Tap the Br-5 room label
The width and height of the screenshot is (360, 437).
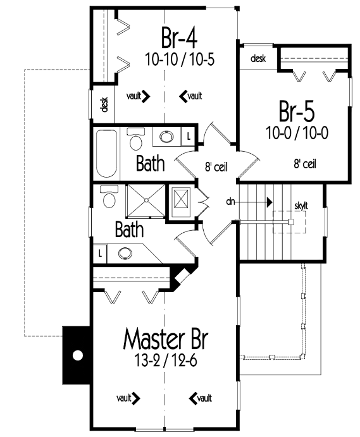tap(297, 111)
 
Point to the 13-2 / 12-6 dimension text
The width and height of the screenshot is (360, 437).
tap(166, 361)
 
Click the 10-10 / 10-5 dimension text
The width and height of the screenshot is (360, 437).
tap(180, 59)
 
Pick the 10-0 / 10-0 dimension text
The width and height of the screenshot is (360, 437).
tap(297, 133)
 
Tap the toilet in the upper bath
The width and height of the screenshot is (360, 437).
tap(136, 138)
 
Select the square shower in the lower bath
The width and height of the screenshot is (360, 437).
tap(146, 200)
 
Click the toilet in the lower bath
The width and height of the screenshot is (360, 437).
tap(109, 197)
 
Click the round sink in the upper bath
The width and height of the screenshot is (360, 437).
tap(166, 137)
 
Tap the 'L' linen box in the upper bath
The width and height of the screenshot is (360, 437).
tap(189, 137)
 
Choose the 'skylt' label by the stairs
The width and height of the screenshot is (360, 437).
tap(301, 206)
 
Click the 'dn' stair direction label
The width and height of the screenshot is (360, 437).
tap(230, 201)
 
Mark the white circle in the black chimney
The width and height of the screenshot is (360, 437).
tap(78, 355)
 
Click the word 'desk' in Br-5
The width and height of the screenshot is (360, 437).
tap(258, 59)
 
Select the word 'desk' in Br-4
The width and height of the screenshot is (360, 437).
tap(104, 104)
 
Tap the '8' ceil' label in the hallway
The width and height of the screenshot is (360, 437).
tap(216, 167)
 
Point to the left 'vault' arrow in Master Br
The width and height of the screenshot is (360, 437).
tap(128, 398)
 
